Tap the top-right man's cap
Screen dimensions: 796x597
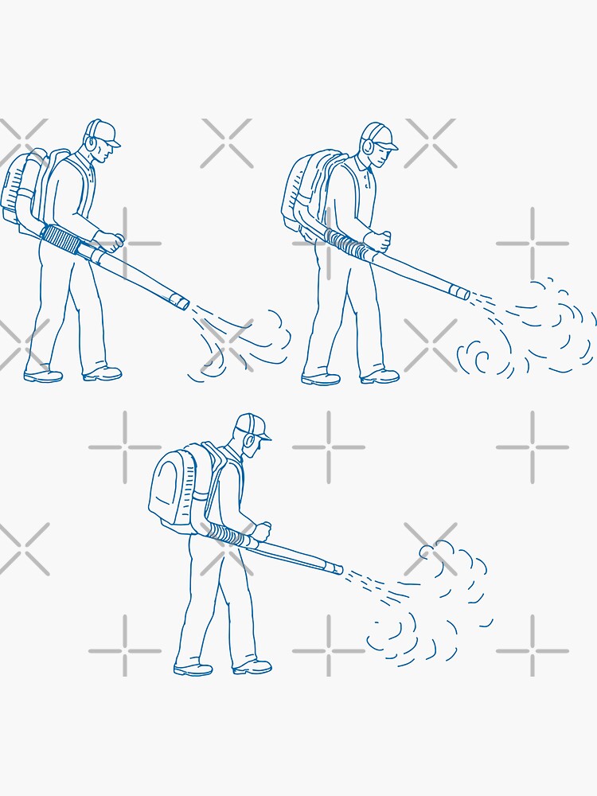coord(381,135)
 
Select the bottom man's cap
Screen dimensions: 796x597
coord(254,424)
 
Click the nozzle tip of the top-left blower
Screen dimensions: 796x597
coord(181,302)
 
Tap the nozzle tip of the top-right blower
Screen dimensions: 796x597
coord(462,293)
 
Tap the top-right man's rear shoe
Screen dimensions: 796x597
coord(321,378)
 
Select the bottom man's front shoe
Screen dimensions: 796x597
coord(252,667)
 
